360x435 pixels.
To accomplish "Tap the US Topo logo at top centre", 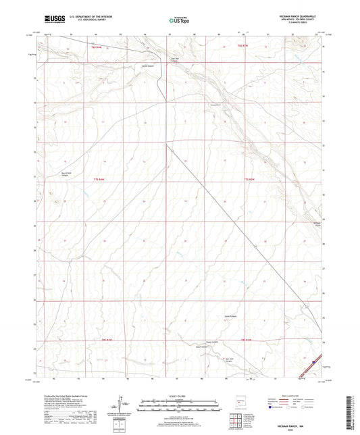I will (180, 20).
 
